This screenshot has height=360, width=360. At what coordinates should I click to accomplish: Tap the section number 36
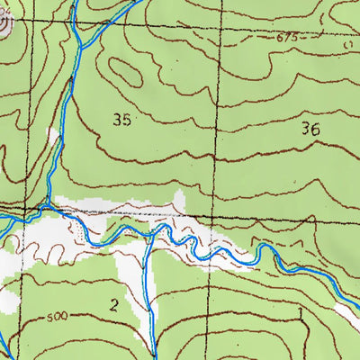pos(311,130)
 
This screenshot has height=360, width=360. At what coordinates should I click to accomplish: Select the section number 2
pos(114,304)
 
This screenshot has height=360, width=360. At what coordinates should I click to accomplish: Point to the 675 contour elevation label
pos(287,38)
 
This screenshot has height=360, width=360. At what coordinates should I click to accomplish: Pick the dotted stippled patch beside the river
pos(85,236)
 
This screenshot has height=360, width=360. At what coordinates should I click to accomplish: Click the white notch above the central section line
pos(180,202)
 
